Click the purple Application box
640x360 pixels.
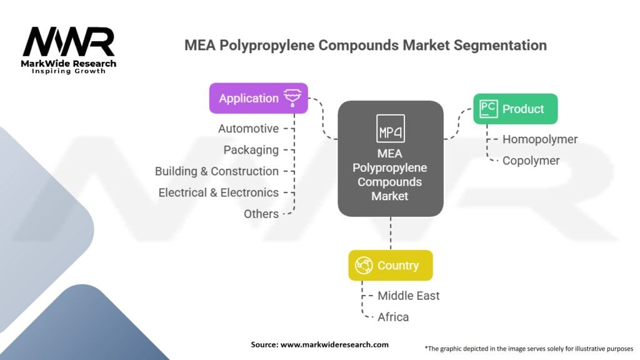tap(258, 98)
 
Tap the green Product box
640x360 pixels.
tap(515, 109)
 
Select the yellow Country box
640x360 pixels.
tap(390, 265)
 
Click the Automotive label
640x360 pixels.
tap(248, 129)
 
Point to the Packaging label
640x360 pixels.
tap(251, 150)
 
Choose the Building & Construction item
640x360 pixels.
tap(216, 171)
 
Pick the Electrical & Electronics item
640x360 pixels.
tap(218, 192)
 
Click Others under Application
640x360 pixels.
tap(261, 214)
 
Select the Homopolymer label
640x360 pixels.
tap(540, 139)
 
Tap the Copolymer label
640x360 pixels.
tap(531, 161)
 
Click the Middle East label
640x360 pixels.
tap(409, 296)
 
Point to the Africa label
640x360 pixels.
tap(393, 317)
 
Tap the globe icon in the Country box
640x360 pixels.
tap(364, 265)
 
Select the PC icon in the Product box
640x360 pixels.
tap(488, 109)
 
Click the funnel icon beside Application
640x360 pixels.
tap(292, 98)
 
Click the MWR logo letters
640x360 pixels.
tap(69, 42)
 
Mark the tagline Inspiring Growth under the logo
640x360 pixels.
tap(69, 71)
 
